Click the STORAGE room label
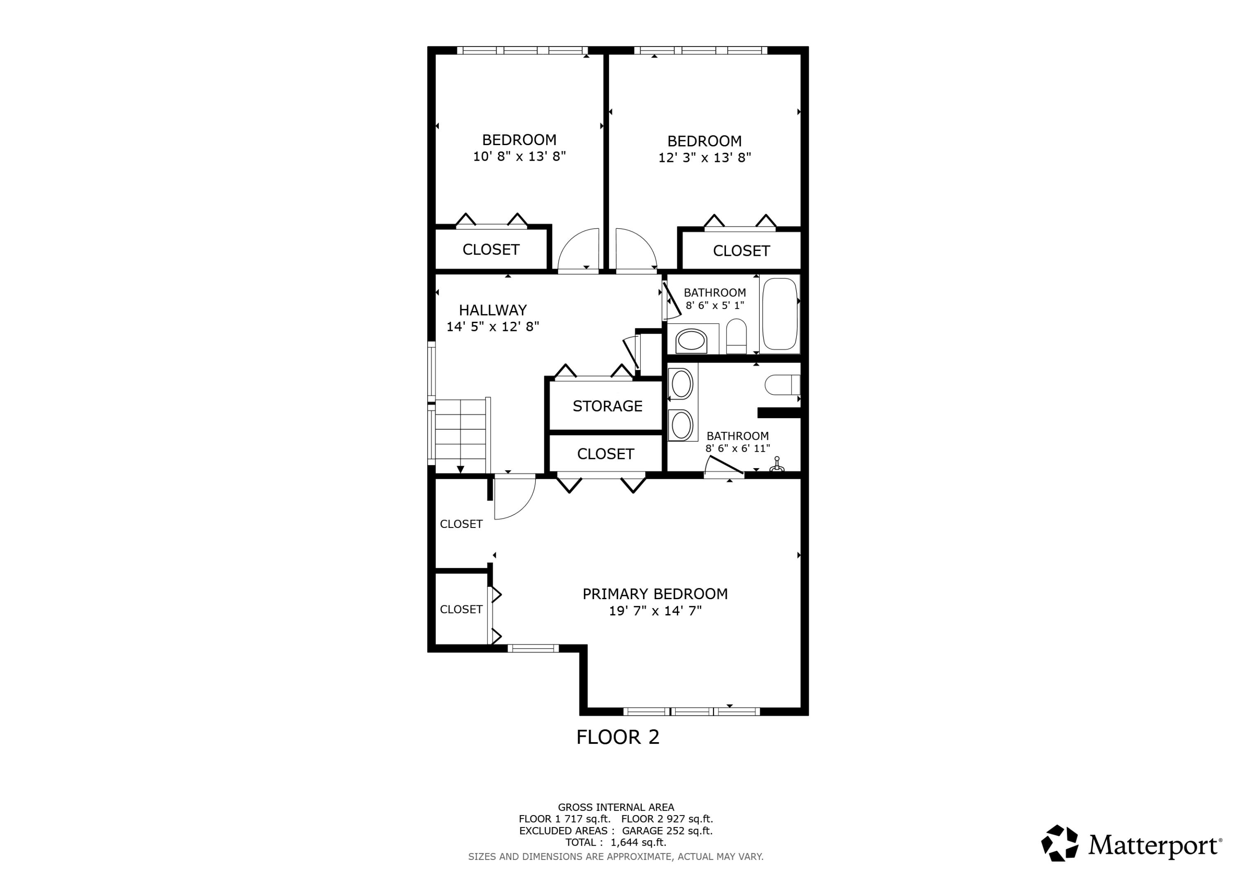[x=607, y=406]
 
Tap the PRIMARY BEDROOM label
[x=655, y=594]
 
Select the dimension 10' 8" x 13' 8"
[x=519, y=157]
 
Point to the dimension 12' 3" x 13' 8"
[x=704, y=158]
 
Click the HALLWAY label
[x=493, y=310]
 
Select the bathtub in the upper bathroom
[x=780, y=314]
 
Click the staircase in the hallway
[x=460, y=436]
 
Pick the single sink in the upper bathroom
[x=691, y=341]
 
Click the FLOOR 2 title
[x=618, y=737]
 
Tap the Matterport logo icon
[x=1059, y=843]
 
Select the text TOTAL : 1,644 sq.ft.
[x=615, y=842]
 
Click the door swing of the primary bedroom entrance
[x=514, y=498]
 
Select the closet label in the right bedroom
[x=741, y=251]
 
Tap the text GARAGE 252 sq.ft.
[x=667, y=830]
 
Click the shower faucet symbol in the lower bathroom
[x=776, y=465]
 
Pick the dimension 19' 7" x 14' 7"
[x=655, y=611]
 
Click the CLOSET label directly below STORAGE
[x=605, y=454]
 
